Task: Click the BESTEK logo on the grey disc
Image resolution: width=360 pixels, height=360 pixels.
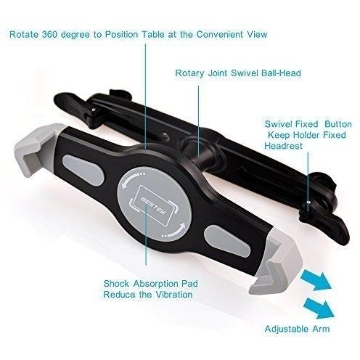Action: [x=154, y=205]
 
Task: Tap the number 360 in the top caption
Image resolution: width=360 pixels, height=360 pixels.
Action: [x=49, y=34]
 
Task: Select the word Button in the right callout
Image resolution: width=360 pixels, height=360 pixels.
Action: [x=338, y=124]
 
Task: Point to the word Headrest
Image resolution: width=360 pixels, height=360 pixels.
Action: [x=283, y=146]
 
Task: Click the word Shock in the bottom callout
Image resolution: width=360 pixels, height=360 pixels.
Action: [x=116, y=284]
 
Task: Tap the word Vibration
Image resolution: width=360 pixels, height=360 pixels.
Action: [x=174, y=295]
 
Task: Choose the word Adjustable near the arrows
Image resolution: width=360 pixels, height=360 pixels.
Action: [x=287, y=329]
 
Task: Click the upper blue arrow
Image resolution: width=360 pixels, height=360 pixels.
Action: [x=316, y=279]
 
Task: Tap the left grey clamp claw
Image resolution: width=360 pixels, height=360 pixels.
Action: [x=36, y=150]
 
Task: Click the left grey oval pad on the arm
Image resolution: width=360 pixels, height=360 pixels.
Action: [x=83, y=170]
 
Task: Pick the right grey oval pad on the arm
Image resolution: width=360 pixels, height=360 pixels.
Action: [x=227, y=242]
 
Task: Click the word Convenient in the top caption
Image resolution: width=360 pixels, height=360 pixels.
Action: [x=220, y=34]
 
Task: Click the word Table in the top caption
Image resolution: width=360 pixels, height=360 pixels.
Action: [x=153, y=34]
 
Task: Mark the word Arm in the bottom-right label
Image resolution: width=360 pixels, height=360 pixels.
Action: [x=321, y=329]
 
